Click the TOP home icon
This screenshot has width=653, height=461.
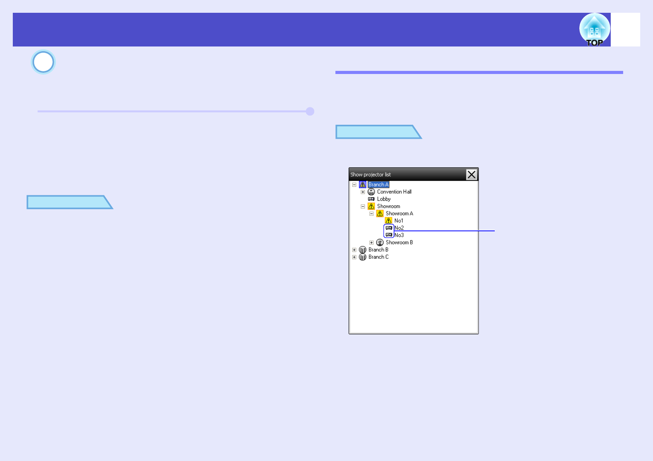tap(594, 30)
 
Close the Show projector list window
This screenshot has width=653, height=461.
tap(471, 175)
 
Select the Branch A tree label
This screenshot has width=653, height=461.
tap(378, 184)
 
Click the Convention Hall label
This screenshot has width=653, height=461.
tap(394, 192)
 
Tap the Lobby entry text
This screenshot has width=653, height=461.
tap(384, 199)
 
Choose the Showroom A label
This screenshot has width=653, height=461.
tap(399, 213)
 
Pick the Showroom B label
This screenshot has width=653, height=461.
tap(399, 243)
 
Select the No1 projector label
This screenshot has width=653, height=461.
tap(399, 221)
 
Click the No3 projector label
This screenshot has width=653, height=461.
tap(399, 235)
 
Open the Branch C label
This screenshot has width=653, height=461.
tap(378, 257)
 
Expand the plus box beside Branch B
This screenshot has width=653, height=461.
tap(354, 250)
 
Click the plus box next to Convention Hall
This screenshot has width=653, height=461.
tap(363, 192)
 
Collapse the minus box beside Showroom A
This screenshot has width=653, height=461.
tap(371, 213)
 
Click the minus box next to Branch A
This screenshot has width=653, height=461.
tap(354, 185)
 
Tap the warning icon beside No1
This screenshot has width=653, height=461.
tap(389, 220)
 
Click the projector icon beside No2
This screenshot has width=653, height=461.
tap(389, 228)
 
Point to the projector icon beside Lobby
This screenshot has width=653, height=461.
tap(371, 199)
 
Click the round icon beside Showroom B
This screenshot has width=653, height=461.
tap(380, 243)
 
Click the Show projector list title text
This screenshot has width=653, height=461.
tap(370, 175)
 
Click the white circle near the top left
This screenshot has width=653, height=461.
tap(43, 62)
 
